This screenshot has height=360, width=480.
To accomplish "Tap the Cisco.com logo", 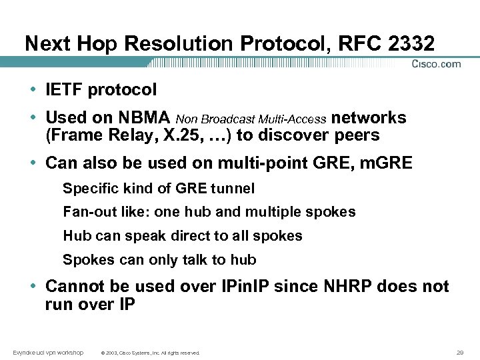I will (x=436, y=64).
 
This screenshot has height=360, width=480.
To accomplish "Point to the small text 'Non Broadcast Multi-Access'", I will (x=251, y=119).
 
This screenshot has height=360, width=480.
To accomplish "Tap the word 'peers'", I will (x=357, y=135).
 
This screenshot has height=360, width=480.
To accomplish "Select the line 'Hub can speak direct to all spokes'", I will (x=182, y=236).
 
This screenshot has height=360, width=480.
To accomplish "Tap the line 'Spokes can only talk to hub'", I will (x=159, y=260).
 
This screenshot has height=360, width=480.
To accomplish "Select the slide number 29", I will (x=460, y=352).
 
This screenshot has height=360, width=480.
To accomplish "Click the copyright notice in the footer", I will (x=150, y=353).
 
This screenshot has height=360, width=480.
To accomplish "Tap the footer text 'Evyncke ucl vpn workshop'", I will (x=47, y=352).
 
